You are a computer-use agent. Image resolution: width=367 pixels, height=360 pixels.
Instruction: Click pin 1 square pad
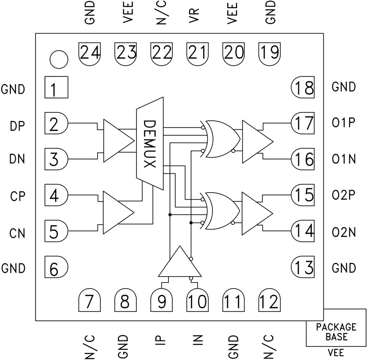56,87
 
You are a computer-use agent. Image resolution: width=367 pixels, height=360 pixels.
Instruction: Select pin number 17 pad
303,124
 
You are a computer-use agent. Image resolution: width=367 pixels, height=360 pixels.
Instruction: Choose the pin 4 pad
56,195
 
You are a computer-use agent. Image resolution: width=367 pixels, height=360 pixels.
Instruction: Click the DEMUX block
150,145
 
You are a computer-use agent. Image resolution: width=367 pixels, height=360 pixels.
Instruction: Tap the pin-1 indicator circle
59,59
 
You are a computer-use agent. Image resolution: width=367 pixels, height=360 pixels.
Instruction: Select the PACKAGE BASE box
336,332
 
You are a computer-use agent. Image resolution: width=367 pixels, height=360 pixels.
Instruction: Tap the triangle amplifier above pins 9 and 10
179,263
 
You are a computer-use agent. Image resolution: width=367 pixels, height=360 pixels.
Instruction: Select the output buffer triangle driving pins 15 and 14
256,213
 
